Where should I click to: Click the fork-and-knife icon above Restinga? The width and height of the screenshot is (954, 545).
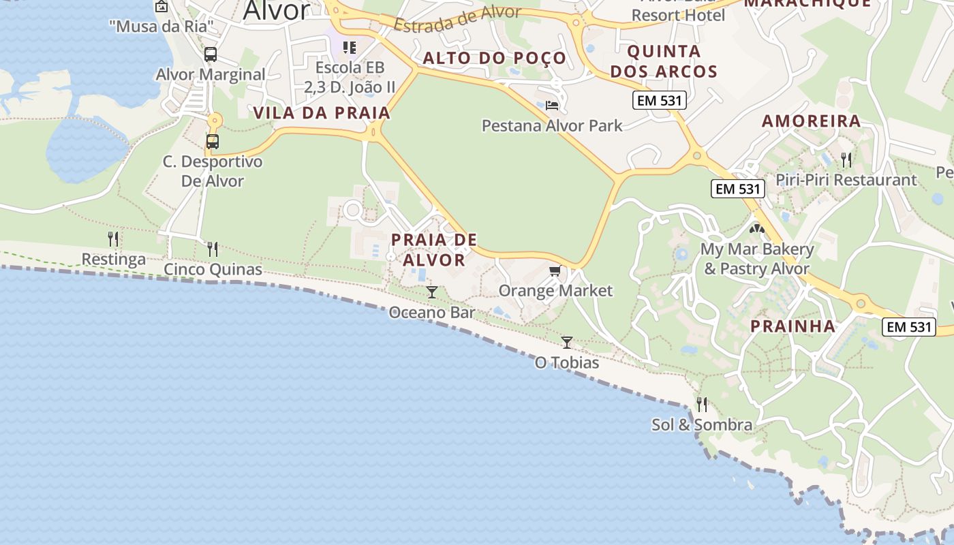click(113, 239)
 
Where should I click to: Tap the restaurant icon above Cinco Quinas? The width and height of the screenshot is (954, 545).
click(213, 249)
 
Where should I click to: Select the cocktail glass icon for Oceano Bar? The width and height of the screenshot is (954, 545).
click(431, 292)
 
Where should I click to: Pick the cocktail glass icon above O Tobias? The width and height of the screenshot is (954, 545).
click(566, 342)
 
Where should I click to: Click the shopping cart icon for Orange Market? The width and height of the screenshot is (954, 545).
click(555, 271)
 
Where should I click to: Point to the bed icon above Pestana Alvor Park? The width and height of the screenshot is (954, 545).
click(552, 106)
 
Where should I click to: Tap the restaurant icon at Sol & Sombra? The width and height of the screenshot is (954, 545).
click(702, 405)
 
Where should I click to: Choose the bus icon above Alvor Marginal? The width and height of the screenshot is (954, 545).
click(211, 54)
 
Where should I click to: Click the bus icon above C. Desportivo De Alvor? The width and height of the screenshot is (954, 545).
click(213, 142)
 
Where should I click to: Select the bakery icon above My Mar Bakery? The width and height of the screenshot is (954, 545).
click(757, 230)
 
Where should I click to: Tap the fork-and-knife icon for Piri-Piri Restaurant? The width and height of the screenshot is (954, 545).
click(846, 160)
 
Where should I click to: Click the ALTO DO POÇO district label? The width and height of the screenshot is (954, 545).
click(494, 59)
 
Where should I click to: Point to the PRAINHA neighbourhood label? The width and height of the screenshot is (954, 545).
click(793, 326)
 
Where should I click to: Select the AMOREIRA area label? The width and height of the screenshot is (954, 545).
click(811, 121)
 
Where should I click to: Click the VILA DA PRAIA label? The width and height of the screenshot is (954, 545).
click(322, 113)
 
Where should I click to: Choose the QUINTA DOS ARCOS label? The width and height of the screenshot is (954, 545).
click(664, 61)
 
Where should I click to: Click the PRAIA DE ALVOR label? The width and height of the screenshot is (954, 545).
click(434, 249)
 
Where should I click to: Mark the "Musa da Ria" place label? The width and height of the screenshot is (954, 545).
click(161, 27)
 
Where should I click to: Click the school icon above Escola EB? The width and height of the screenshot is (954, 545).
click(350, 48)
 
